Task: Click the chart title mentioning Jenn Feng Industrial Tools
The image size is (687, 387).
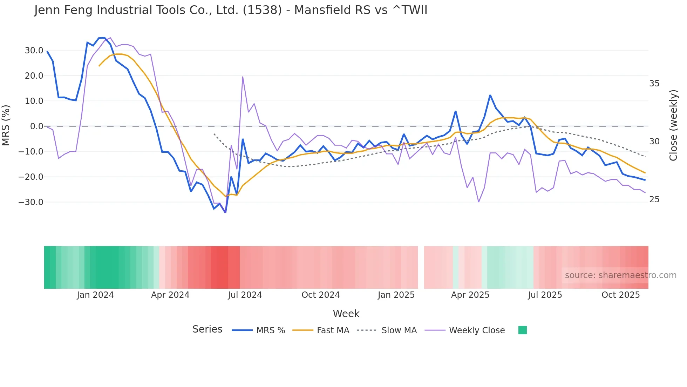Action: pos(231,10)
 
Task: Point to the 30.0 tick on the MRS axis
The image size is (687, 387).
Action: pos(34,51)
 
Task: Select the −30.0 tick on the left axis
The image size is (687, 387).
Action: pos(31,202)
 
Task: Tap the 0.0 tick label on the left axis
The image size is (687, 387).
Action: pos(36,126)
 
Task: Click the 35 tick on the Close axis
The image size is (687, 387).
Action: pos(654,84)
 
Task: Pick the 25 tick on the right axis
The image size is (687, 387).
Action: pos(654,199)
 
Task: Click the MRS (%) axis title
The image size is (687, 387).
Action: pos(6,125)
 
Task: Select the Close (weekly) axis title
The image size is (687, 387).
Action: pos(673,125)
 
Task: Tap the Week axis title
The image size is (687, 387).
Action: pos(346,314)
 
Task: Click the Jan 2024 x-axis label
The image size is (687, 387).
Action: pos(95,295)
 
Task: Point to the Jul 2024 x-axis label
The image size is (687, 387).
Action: pos(245,295)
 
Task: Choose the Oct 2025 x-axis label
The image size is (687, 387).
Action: pos(620,295)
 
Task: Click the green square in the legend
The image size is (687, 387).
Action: pos(522,330)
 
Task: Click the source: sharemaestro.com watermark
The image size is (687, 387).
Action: pos(620,275)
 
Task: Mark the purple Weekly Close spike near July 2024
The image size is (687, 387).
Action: pos(243,77)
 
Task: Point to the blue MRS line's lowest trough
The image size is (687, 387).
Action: pos(225,212)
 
